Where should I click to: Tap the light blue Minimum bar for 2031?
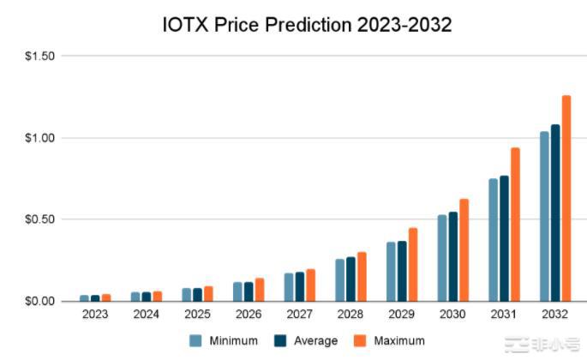point(493,240)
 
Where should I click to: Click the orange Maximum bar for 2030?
point(464,249)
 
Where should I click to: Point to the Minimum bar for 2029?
point(391,271)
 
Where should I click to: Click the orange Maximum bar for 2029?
point(412,264)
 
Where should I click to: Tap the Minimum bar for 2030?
point(442,257)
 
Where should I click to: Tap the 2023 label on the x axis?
point(95,315)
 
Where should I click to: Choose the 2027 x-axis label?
point(299,315)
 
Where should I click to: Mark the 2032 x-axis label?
point(554,315)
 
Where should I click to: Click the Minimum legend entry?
point(226,341)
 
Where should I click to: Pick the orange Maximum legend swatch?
point(362,341)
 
